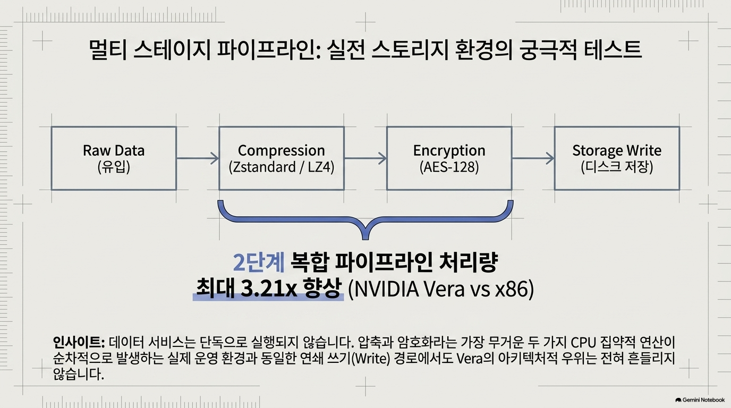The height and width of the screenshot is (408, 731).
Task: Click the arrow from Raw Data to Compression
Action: [198, 158]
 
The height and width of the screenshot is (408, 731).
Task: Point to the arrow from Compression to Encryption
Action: [365, 158]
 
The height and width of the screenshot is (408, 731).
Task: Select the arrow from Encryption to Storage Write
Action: [533, 158]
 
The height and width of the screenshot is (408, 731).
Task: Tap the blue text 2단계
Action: [259, 262]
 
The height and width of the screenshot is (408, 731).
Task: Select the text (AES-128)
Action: [449, 167]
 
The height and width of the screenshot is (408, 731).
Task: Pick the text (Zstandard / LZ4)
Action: [282, 167]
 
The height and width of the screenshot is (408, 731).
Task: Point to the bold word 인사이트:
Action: [79, 343]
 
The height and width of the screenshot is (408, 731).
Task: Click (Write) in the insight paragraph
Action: [371, 359]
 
